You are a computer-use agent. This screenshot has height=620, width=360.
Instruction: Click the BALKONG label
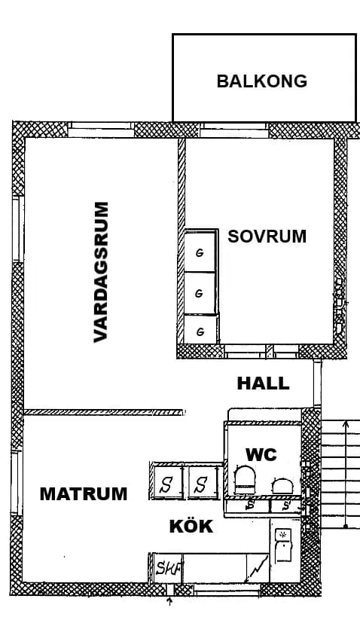click(x=261, y=81)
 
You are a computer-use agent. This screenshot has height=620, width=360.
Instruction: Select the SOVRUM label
click(x=267, y=236)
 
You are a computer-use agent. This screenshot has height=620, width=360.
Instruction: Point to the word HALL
click(x=263, y=383)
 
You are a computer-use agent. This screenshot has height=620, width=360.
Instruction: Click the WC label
click(x=261, y=454)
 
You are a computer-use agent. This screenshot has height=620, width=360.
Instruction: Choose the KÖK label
click(x=191, y=527)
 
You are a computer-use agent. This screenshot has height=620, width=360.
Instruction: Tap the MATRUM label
click(x=84, y=494)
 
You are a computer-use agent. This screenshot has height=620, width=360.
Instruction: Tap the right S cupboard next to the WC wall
click(x=201, y=484)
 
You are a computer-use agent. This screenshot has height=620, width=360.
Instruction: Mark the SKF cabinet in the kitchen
click(x=166, y=569)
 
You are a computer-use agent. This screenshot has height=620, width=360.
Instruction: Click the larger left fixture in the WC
click(x=245, y=477)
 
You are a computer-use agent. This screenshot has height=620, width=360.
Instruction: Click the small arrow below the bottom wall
click(x=169, y=601)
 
